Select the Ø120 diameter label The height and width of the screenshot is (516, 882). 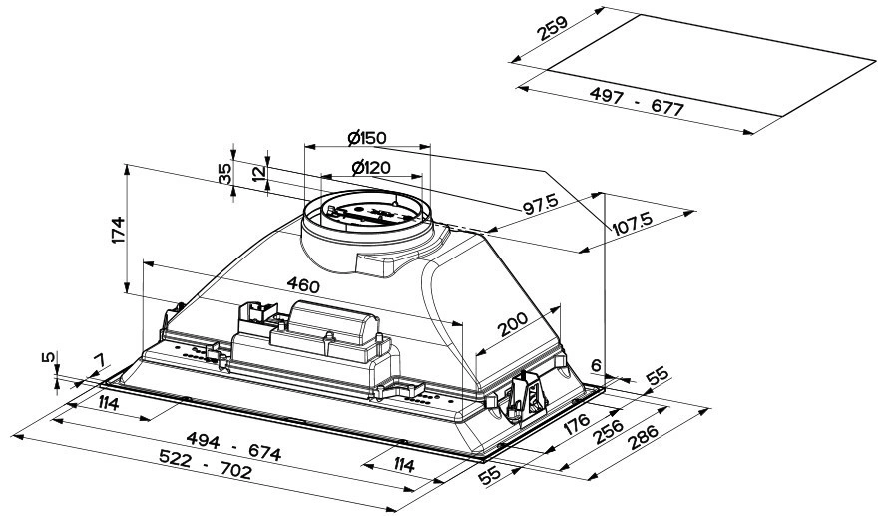369,168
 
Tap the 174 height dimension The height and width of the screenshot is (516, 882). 118,230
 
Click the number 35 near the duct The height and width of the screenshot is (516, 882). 226,172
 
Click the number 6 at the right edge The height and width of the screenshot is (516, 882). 597,365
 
